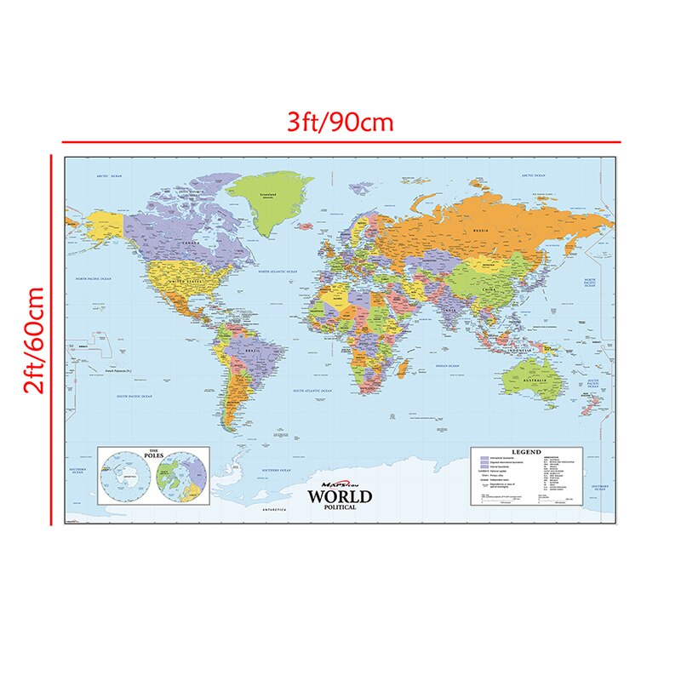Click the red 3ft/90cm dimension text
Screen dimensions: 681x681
[x=340, y=122]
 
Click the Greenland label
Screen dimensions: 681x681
[x=270, y=194]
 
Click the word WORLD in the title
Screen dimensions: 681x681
[x=340, y=496]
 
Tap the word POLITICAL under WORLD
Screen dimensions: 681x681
[x=340, y=507]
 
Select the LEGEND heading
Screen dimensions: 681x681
[x=525, y=452]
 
